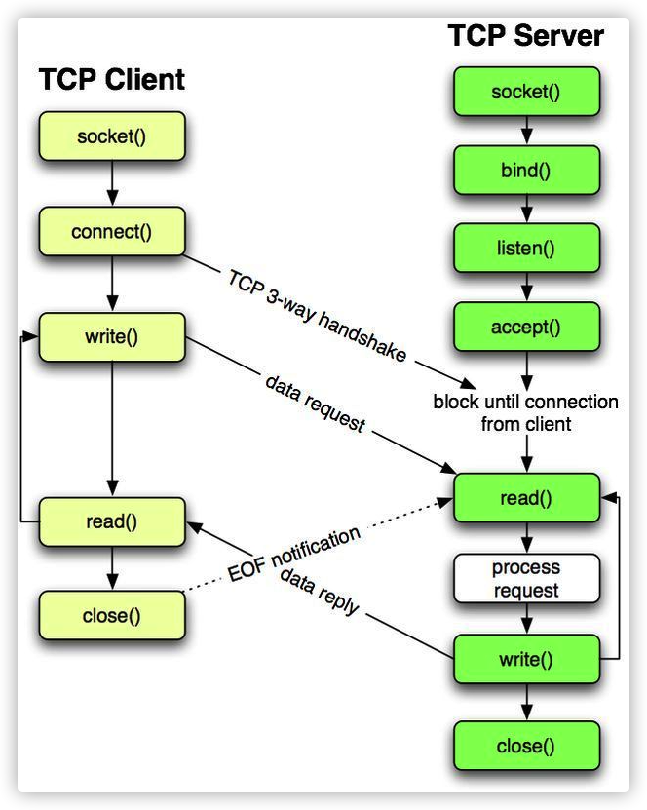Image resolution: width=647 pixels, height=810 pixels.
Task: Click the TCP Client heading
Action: [111, 79]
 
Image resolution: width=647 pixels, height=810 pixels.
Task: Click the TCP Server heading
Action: [525, 36]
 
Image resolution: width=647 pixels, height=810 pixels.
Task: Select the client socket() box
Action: [111, 136]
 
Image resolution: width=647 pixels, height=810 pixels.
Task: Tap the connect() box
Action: [111, 232]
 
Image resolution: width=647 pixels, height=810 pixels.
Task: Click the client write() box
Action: [111, 337]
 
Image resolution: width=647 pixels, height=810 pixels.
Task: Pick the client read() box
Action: [111, 521]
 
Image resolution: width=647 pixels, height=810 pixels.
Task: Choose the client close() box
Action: [111, 615]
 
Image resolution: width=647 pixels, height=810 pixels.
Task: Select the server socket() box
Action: [525, 93]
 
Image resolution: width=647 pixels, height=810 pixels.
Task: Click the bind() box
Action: [525, 172]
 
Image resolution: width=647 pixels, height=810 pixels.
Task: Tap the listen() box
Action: [525, 248]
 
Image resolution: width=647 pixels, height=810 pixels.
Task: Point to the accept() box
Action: [525, 327]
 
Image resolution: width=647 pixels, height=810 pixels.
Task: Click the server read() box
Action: [525, 498]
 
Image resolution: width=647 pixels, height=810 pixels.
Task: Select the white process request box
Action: [525, 579]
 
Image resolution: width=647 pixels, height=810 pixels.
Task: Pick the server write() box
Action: [525, 659]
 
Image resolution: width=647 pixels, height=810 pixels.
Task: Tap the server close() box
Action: [525, 746]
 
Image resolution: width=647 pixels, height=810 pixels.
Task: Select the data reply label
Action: [320, 592]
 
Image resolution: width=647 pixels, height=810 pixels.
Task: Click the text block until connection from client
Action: [525, 412]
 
